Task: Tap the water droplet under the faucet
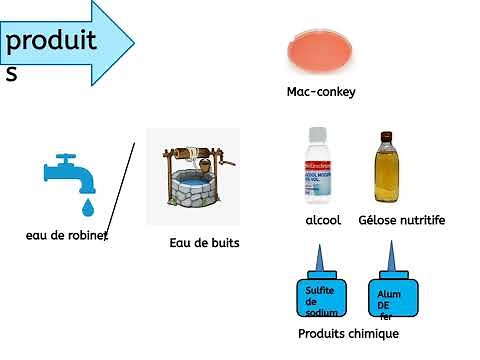(87, 207)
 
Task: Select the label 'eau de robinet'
(66, 236)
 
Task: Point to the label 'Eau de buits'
(204, 242)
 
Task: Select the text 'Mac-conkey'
(321, 92)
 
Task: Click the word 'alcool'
(323, 220)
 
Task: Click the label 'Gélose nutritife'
(401, 220)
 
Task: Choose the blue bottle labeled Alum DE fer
(394, 297)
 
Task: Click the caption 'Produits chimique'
(348, 333)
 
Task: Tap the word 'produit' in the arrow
(51, 40)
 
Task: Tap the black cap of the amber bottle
(389, 136)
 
